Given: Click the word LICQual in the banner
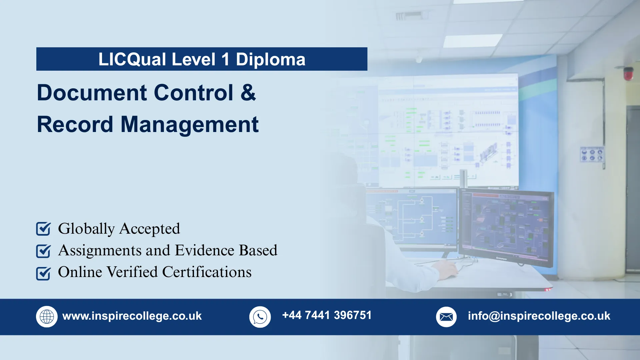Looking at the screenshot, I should pos(132,59).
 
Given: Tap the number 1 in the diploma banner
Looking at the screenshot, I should pos(225,59).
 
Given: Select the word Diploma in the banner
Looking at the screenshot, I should pos(270,59).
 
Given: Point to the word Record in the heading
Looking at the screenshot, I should pos(75,124).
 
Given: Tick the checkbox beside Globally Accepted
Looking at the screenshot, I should pos(43,229).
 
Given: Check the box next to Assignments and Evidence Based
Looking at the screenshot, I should pos(43,251).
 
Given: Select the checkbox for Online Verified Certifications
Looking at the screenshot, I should pos(43,273).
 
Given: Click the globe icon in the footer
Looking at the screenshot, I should pos(47,317).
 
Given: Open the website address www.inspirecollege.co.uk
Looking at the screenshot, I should pos(132,316).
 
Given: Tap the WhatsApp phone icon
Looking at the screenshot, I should pos(260,317).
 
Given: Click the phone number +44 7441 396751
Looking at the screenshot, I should pos(327,315).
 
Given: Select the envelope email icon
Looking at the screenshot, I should pos(446,317).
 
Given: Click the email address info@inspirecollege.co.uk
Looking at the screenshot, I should pos(539,316).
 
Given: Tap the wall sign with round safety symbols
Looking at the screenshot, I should pos(592,155).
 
